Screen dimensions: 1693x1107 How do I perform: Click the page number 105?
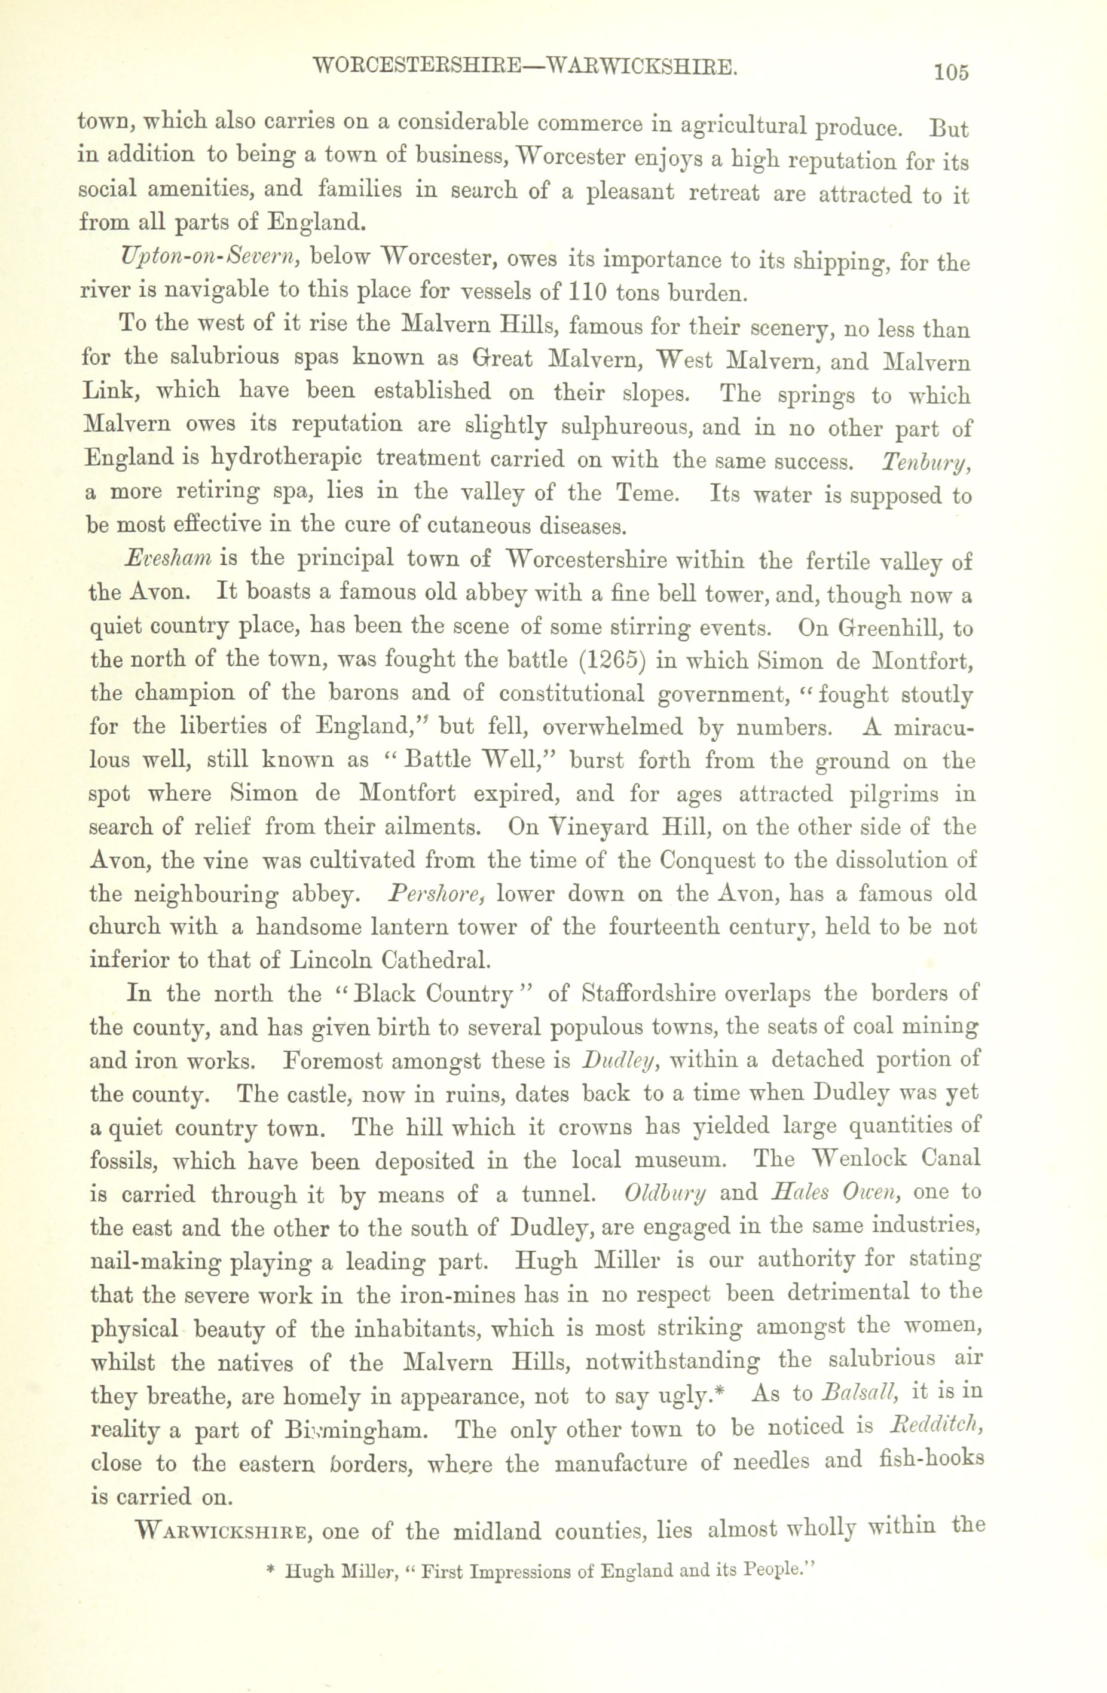click(x=952, y=72)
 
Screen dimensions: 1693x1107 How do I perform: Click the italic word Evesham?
click(x=168, y=558)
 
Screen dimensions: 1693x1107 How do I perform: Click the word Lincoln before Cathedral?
click(x=332, y=960)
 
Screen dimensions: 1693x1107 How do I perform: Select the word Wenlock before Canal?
click(x=860, y=1159)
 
